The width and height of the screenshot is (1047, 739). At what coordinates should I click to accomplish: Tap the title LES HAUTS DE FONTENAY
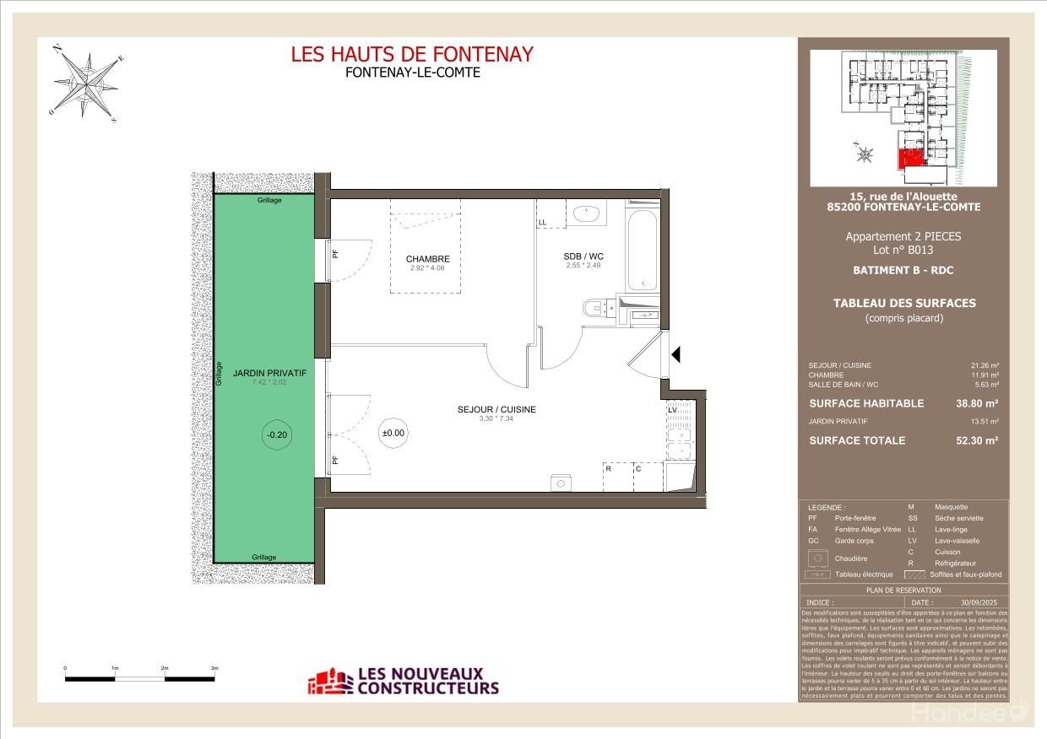(x=412, y=54)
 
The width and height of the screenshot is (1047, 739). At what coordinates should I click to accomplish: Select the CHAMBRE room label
(x=427, y=259)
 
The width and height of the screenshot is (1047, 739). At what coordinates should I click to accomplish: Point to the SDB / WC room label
(x=583, y=256)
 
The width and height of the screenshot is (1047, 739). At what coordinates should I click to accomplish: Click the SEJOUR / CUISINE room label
(x=496, y=410)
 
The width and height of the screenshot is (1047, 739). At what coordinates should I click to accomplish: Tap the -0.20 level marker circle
(x=276, y=435)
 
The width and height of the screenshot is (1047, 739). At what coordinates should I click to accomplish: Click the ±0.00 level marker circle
(x=393, y=433)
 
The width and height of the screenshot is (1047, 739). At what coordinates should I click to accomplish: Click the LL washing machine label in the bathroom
(x=542, y=223)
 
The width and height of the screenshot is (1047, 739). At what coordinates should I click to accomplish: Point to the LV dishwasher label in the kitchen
(x=673, y=410)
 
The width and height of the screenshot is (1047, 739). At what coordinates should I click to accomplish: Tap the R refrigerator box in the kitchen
(x=616, y=477)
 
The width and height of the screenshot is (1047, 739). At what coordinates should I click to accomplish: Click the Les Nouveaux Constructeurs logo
(x=404, y=681)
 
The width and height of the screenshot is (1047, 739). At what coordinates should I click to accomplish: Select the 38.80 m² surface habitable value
(x=977, y=404)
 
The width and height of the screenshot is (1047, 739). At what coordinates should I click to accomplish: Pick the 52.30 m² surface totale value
(x=977, y=440)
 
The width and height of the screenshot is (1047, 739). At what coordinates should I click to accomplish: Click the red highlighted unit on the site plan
(x=909, y=159)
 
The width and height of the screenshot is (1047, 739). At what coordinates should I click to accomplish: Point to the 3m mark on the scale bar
(x=214, y=668)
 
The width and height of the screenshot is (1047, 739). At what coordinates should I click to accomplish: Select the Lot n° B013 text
(x=903, y=250)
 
